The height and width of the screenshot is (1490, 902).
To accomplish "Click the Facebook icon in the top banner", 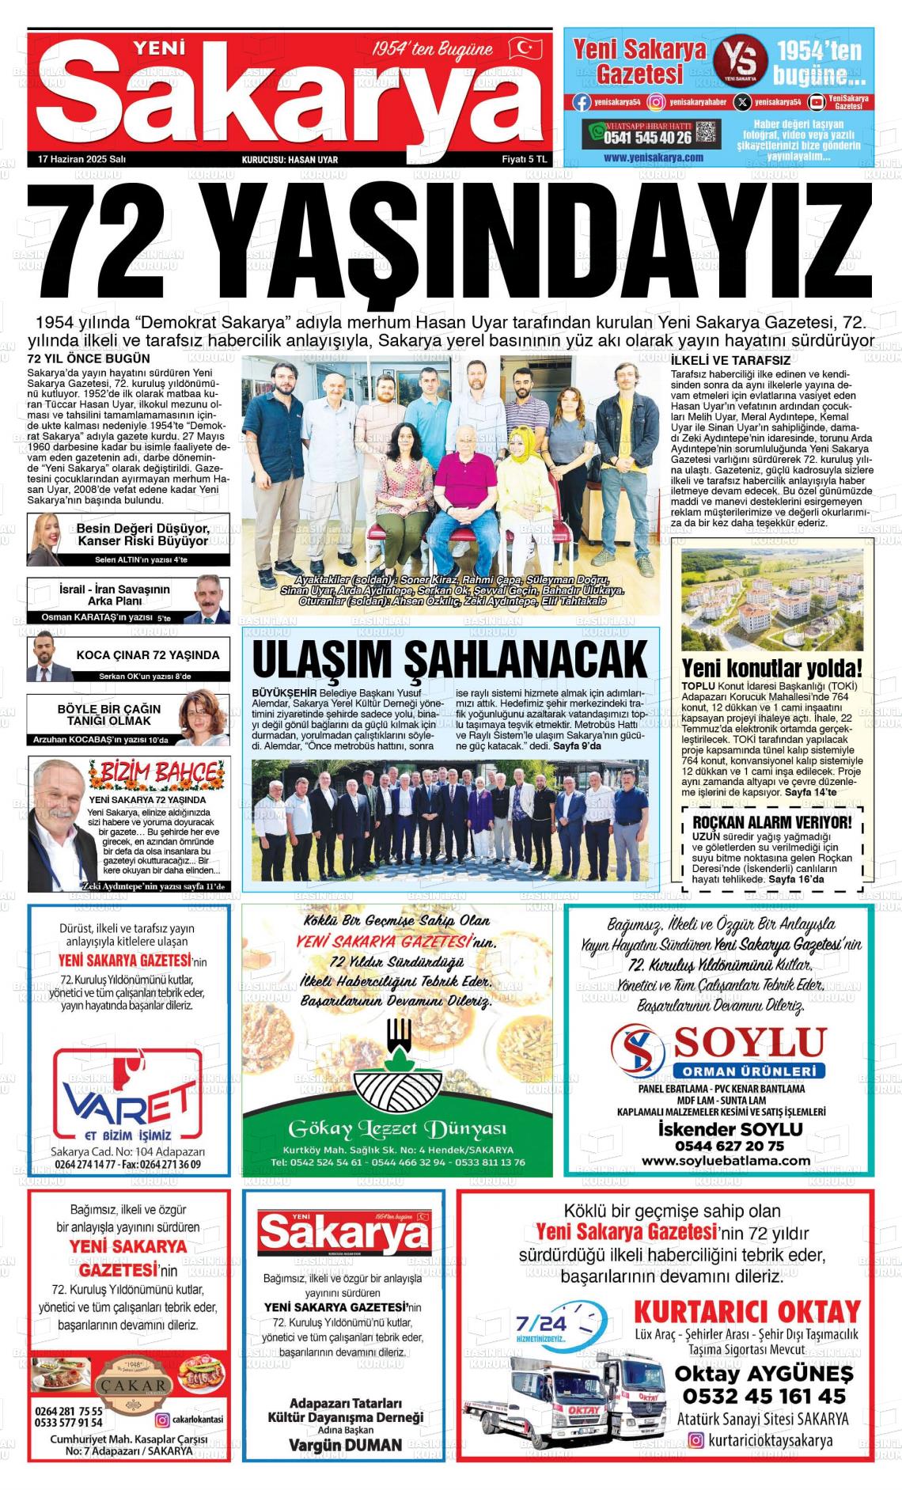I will point(582,102).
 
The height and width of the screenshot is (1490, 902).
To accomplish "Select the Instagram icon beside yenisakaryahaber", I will point(656,102).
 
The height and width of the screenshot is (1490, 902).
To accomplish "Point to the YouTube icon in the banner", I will point(816,102).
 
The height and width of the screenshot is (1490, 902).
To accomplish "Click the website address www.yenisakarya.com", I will point(653,157).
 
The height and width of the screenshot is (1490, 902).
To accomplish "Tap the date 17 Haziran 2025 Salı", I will point(82,159).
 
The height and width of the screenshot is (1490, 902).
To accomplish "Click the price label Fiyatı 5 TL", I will point(524,159).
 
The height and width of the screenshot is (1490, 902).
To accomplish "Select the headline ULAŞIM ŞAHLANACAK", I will point(449,659).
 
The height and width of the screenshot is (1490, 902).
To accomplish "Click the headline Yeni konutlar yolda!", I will point(771,668).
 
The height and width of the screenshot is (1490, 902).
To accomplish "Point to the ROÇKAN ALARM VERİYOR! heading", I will point(771,822).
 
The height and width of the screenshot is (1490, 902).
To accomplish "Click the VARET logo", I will point(127,1096).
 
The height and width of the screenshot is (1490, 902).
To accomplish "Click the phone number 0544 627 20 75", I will point(729,1145).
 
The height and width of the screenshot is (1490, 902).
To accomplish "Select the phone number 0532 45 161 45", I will point(764,1395).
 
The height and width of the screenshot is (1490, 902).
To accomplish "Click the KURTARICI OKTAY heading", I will point(746,1311).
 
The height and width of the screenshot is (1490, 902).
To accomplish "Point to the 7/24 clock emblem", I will point(560,1326).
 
